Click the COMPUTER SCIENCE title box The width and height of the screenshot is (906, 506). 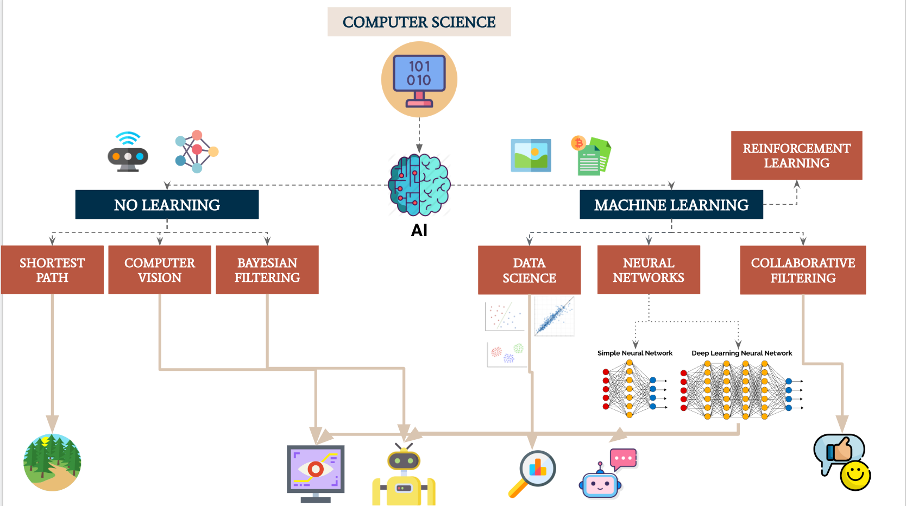click(419, 22)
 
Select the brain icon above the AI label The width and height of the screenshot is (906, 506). click(419, 185)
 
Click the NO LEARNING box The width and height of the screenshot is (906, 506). click(167, 205)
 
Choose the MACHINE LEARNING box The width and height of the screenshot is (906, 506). click(671, 205)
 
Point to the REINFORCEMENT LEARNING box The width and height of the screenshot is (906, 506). click(796, 155)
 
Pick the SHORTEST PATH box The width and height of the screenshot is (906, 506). click(52, 270)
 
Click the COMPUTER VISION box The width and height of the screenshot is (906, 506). click(160, 270)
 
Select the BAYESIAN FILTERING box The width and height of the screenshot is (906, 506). click(267, 270)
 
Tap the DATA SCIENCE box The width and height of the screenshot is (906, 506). click(529, 270)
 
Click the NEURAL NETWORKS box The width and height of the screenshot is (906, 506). click(649, 270)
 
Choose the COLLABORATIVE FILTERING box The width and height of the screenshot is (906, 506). click(803, 270)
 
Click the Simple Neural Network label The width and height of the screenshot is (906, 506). click(634, 353)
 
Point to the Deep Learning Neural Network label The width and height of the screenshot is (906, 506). click(741, 353)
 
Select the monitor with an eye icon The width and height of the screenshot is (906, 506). click(316, 470)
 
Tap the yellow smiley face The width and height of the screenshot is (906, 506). click(855, 476)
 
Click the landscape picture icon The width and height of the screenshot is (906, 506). click(531, 155)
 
